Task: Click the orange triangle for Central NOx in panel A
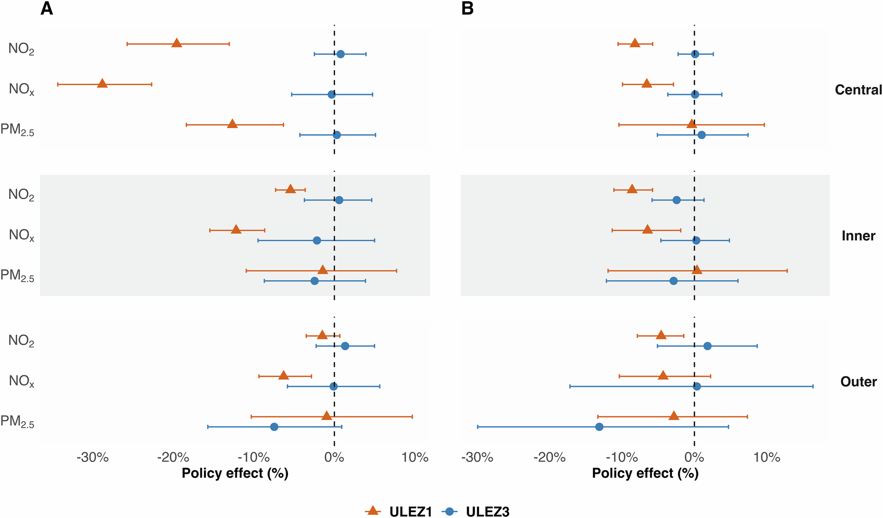(x=102, y=83)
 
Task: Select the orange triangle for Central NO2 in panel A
(x=177, y=43)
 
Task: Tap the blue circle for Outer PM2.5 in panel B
(x=599, y=427)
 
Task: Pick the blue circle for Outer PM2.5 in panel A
(x=274, y=427)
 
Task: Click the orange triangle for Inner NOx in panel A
(x=236, y=229)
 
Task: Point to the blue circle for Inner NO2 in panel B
(x=676, y=200)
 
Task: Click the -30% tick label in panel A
(x=92, y=458)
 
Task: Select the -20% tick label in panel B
(x=549, y=458)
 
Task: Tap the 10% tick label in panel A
(x=415, y=458)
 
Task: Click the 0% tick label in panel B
(x=694, y=458)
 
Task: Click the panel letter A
(x=46, y=9)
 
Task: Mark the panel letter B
(x=467, y=9)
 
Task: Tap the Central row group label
(x=858, y=90)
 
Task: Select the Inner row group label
(x=858, y=235)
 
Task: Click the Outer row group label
(x=858, y=382)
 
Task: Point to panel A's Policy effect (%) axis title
(x=235, y=473)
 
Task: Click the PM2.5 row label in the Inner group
(x=18, y=276)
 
